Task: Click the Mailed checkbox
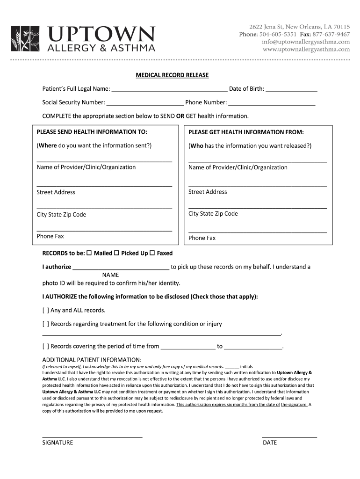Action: [89, 253]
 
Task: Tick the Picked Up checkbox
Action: [116, 253]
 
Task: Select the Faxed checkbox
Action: [152, 253]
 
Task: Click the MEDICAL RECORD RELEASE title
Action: [172, 75]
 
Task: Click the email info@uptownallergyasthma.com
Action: [306, 42]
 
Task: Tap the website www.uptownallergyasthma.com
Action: [306, 49]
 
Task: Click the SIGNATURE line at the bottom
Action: [92, 436]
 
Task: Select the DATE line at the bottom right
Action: [289, 436]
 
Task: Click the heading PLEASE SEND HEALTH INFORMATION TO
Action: [92, 132]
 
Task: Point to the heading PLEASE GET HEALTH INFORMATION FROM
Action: [246, 132]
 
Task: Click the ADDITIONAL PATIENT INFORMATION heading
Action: [92, 359]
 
